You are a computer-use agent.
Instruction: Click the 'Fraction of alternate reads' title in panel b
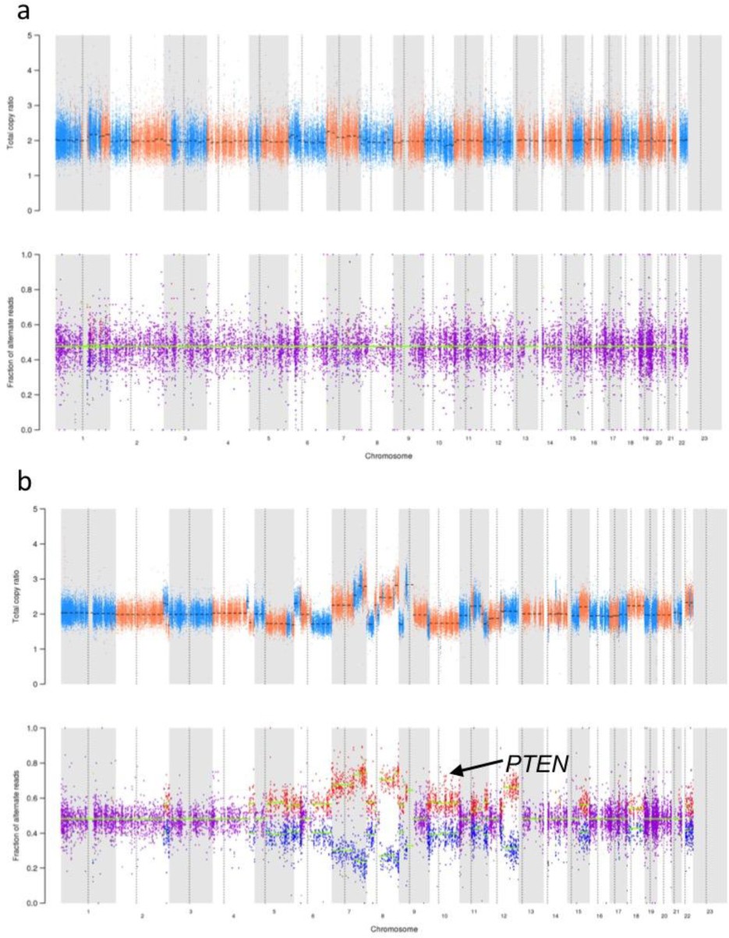point(16,816)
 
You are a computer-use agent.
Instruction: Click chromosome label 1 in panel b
point(88,911)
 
